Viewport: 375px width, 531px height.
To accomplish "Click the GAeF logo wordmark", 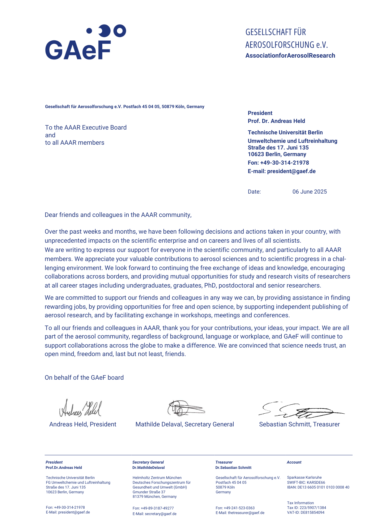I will click(x=78, y=50).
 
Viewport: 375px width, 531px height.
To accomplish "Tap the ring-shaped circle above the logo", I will click(x=120, y=31).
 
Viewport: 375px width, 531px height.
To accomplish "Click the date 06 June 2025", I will click(x=309, y=192).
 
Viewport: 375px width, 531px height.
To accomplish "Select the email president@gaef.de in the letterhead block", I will click(x=291, y=171).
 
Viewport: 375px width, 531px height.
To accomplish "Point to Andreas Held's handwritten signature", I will click(x=80, y=408).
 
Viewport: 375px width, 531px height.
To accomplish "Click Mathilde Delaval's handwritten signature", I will click(x=185, y=408).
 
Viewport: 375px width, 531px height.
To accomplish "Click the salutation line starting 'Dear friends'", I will click(x=118, y=215).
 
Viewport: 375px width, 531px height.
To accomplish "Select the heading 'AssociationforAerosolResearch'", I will click(x=290, y=56).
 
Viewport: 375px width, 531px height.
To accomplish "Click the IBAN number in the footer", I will click(x=318, y=487).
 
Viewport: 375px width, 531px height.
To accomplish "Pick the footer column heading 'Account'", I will click(x=294, y=462).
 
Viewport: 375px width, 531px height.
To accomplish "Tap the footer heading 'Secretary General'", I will click(x=148, y=462).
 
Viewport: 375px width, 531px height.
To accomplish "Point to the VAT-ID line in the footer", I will click(x=306, y=512).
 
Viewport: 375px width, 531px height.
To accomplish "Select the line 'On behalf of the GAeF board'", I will click(x=84, y=378).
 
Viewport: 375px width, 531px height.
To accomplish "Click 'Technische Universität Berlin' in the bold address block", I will click(x=285, y=132).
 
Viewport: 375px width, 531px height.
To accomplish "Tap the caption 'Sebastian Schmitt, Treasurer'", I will click(x=299, y=424).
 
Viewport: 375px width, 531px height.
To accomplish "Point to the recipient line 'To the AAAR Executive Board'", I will click(x=86, y=127).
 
